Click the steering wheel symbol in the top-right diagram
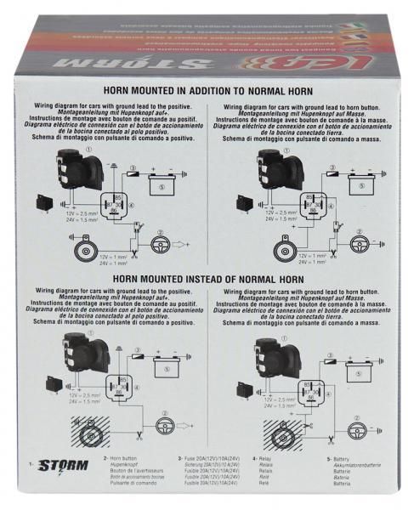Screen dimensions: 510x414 358,243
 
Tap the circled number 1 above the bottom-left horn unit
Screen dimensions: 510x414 88,324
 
